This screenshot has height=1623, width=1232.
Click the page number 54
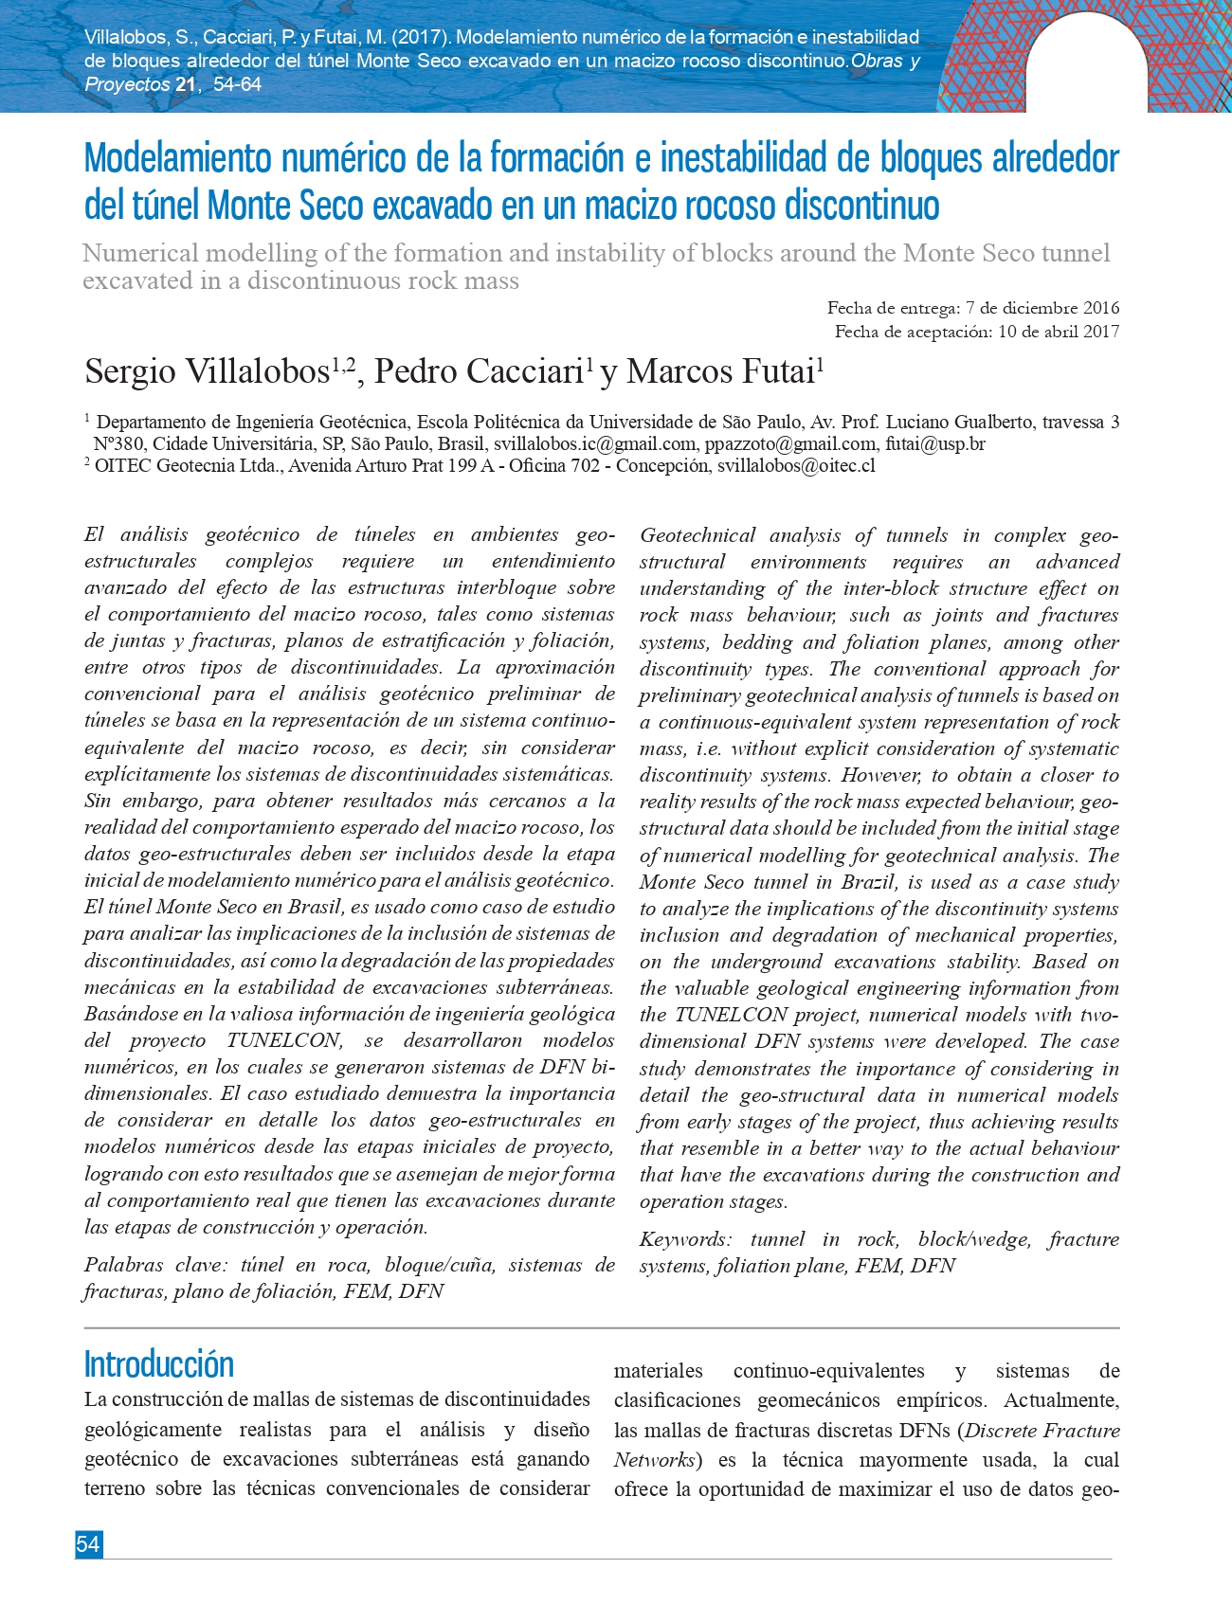(x=88, y=1544)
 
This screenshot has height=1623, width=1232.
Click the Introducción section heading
(x=159, y=1364)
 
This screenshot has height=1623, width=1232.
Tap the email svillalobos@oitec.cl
(x=796, y=466)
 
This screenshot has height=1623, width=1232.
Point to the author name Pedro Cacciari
(x=478, y=371)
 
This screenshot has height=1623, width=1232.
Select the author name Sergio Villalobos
(x=207, y=371)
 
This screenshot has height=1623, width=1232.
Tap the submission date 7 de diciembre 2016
(x=1042, y=308)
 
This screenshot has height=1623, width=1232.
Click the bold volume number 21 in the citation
(x=185, y=84)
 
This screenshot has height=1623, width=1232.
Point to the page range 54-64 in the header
(x=237, y=84)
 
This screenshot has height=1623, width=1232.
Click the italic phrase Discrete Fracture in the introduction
(x=1042, y=1431)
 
